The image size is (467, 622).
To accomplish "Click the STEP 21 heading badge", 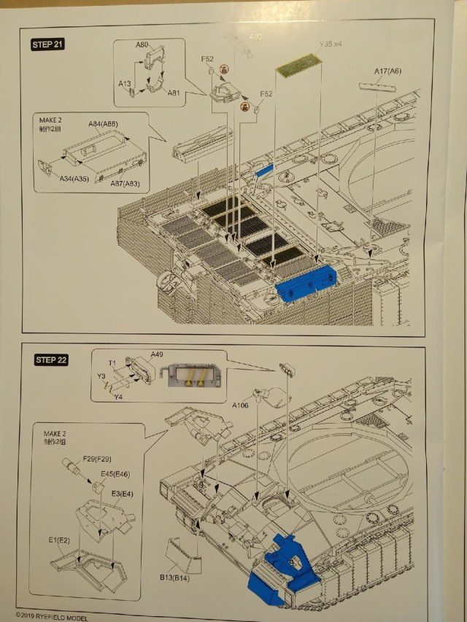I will coord(48,44).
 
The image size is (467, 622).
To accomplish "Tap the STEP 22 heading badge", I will coord(52,359).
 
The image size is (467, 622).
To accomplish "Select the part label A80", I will coord(143,45).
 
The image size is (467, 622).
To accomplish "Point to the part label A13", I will coord(124,84).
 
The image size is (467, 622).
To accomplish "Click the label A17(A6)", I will coord(387,71).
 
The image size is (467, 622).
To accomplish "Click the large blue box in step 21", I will coord(306,285).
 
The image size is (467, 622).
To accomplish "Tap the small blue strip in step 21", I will coord(264,170).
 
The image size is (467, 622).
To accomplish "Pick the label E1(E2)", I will coord(60,540).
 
